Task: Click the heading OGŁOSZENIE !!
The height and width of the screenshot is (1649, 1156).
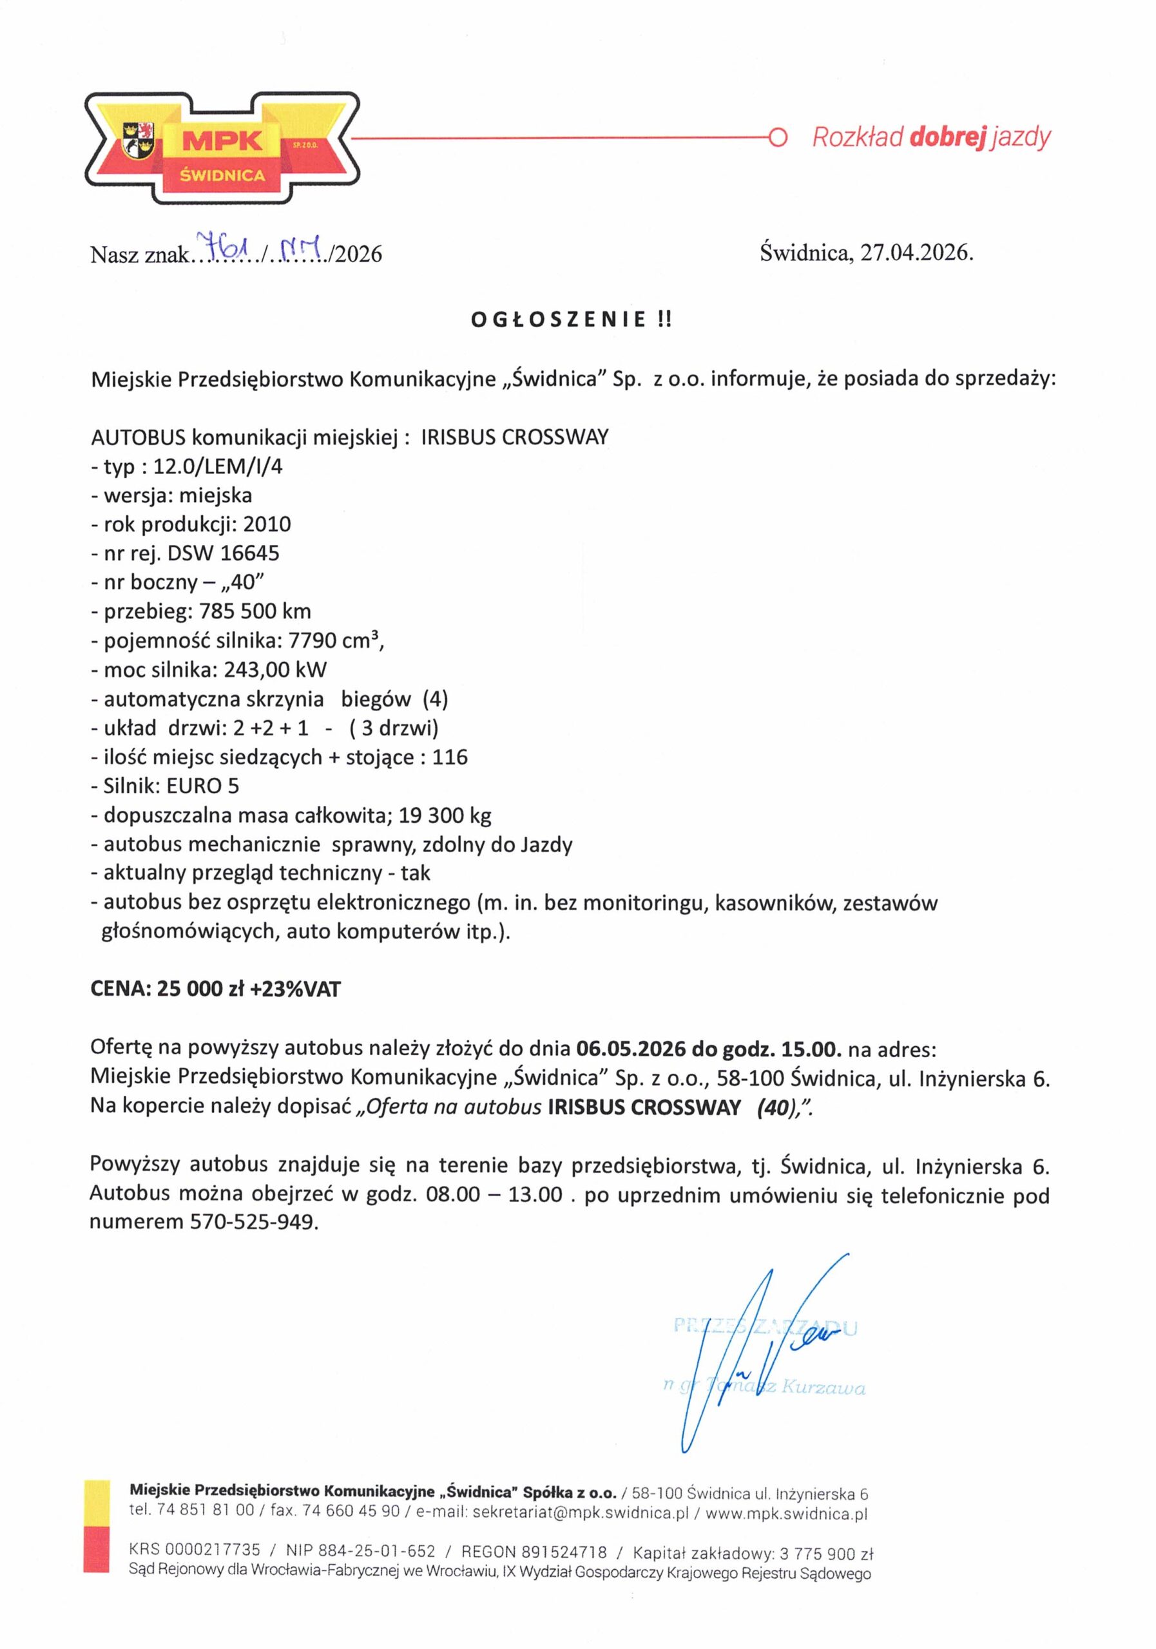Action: point(571,320)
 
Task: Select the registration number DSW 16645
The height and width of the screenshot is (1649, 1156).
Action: point(224,553)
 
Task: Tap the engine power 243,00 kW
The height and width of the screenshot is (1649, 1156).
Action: point(275,670)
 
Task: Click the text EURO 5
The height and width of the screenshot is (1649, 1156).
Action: point(202,786)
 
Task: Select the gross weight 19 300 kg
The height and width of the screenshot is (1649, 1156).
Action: point(445,815)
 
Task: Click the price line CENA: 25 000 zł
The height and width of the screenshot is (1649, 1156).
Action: point(215,989)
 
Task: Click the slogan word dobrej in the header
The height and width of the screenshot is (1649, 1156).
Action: point(946,137)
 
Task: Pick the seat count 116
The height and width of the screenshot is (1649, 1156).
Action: point(450,757)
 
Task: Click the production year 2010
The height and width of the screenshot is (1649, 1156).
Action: point(267,524)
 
